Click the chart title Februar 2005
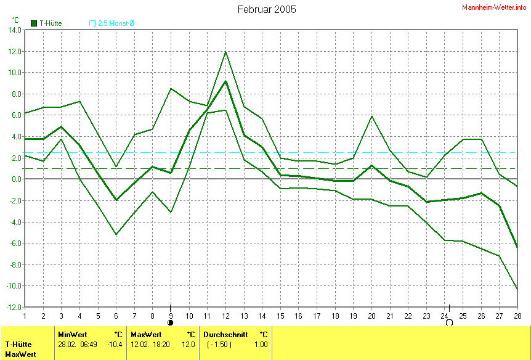(267, 9)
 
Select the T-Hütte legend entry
(46, 23)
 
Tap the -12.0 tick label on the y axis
(13, 307)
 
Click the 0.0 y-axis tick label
(16, 179)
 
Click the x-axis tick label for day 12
(226, 316)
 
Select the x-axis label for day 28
(517, 316)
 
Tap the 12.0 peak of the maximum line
(226, 51)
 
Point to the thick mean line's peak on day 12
(226, 81)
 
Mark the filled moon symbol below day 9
(171, 322)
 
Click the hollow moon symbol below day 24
(449, 322)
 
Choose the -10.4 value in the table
(115, 345)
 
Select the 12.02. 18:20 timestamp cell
(153, 345)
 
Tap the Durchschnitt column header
(225, 334)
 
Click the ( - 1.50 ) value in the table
(219, 345)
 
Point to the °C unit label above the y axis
(15, 20)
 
